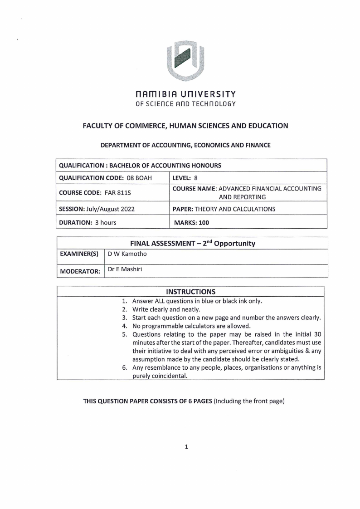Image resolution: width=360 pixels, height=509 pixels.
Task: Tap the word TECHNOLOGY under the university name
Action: [215, 104]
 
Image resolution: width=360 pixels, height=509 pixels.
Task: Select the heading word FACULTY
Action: [100, 126]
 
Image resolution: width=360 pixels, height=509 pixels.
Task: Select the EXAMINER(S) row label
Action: [79, 254]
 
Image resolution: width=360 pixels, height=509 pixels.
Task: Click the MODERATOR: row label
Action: [80, 271]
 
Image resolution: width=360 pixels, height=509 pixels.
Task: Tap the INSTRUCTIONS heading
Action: [190, 291]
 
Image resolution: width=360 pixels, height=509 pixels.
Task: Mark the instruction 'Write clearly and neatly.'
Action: [166, 309]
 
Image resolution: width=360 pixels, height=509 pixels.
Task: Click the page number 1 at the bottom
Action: [186, 447]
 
